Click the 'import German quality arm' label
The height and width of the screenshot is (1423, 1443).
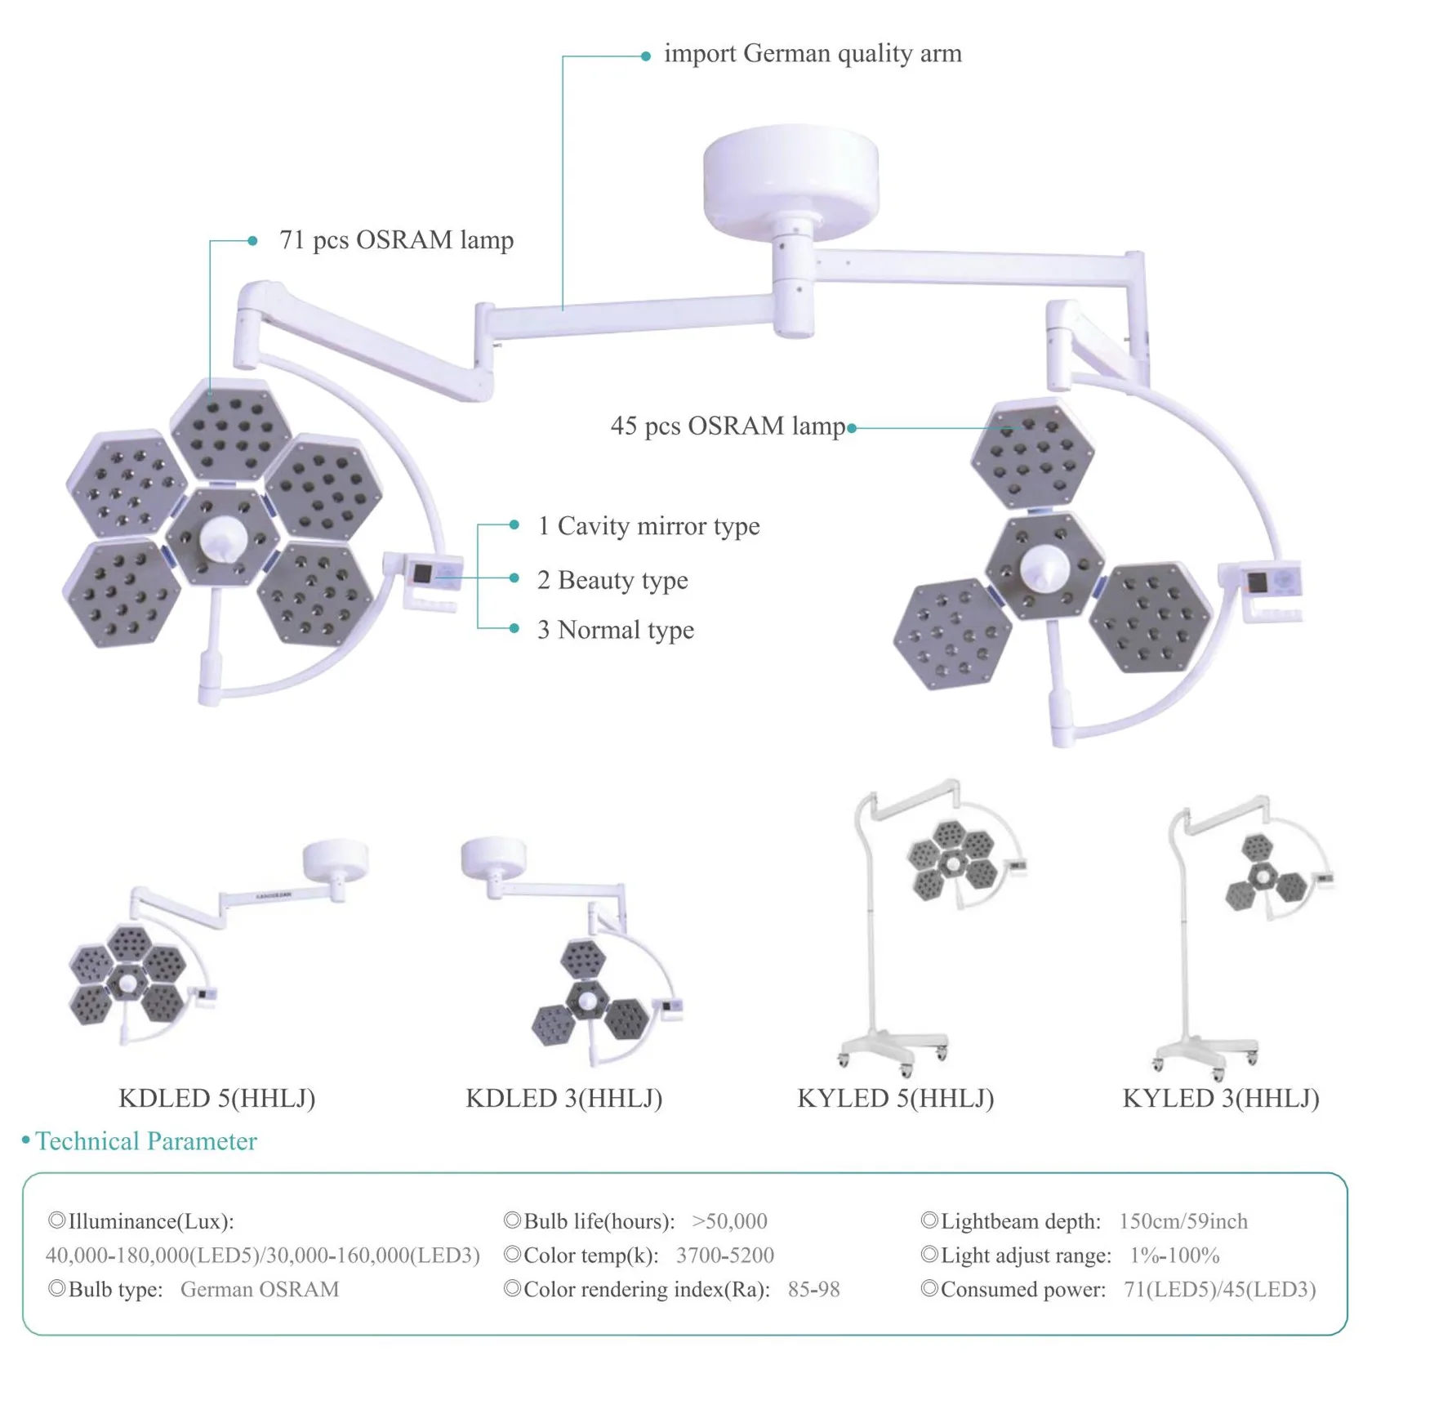[812, 54]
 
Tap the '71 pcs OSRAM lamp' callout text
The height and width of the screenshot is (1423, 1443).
[396, 240]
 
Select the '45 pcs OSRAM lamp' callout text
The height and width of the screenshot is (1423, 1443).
[728, 426]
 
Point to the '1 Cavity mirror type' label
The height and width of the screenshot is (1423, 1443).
[648, 526]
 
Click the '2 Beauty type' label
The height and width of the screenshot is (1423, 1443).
[612, 580]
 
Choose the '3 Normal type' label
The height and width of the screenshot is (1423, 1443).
[616, 630]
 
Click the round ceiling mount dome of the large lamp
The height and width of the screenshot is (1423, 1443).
[791, 175]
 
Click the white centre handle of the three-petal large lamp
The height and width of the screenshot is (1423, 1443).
[1044, 567]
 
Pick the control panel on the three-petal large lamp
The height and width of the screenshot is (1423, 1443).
[1271, 582]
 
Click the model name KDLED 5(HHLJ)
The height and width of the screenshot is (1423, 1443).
[217, 1099]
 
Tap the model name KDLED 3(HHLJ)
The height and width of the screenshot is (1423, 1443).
[563, 1099]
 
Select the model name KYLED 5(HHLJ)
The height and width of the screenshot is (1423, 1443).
[896, 1099]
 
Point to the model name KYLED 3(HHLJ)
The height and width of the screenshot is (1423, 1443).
[1221, 1099]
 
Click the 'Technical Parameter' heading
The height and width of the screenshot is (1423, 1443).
[145, 1141]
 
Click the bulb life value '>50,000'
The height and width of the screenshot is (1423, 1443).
[729, 1221]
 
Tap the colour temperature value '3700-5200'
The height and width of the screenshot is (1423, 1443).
[724, 1256]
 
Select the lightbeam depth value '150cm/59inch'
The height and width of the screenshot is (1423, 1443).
[1183, 1221]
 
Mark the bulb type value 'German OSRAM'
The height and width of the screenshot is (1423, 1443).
[260, 1290]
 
